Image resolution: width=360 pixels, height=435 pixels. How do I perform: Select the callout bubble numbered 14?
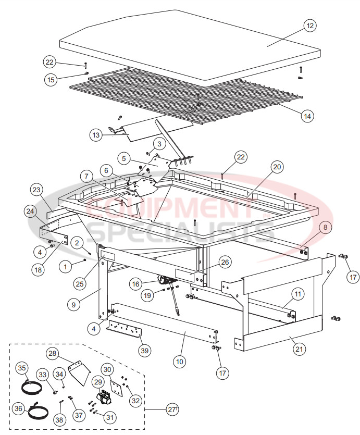[x=307, y=116]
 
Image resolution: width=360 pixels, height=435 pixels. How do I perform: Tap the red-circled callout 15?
[x=51, y=80]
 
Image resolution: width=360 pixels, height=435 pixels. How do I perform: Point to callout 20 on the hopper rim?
[x=277, y=167]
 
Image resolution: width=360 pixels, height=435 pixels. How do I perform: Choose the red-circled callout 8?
[x=324, y=227]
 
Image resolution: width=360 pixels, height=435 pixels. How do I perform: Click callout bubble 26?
[x=225, y=262]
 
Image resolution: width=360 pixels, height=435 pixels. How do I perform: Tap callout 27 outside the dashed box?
[x=172, y=410]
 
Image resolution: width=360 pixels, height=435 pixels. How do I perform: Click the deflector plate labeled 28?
[x=79, y=371]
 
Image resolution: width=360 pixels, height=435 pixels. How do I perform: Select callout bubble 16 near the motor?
[x=136, y=284]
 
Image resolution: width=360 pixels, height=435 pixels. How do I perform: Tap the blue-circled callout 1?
[x=65, y=267]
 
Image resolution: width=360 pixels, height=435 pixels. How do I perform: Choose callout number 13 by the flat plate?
[x=95, y=135]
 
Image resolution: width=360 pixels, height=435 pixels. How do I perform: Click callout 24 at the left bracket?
[x=30, y=211]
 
